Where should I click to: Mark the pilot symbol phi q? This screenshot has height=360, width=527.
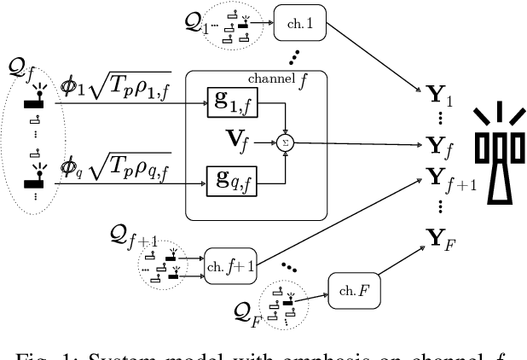(x=70, y=164)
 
